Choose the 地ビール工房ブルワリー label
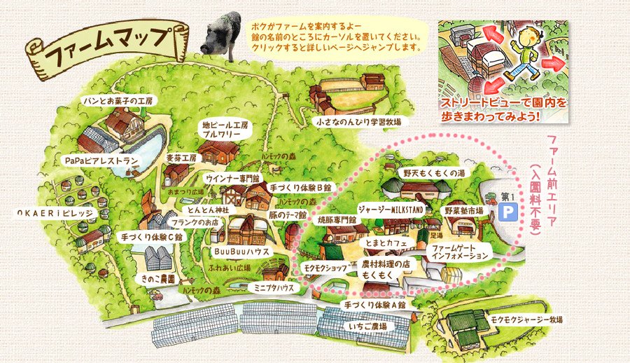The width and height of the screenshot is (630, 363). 222,129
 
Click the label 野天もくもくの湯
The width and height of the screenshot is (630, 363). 434,172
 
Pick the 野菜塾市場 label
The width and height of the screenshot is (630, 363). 463,210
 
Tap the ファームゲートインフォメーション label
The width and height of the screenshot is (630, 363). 459,252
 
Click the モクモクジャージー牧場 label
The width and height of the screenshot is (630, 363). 526,320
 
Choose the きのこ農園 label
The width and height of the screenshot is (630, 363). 157,278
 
